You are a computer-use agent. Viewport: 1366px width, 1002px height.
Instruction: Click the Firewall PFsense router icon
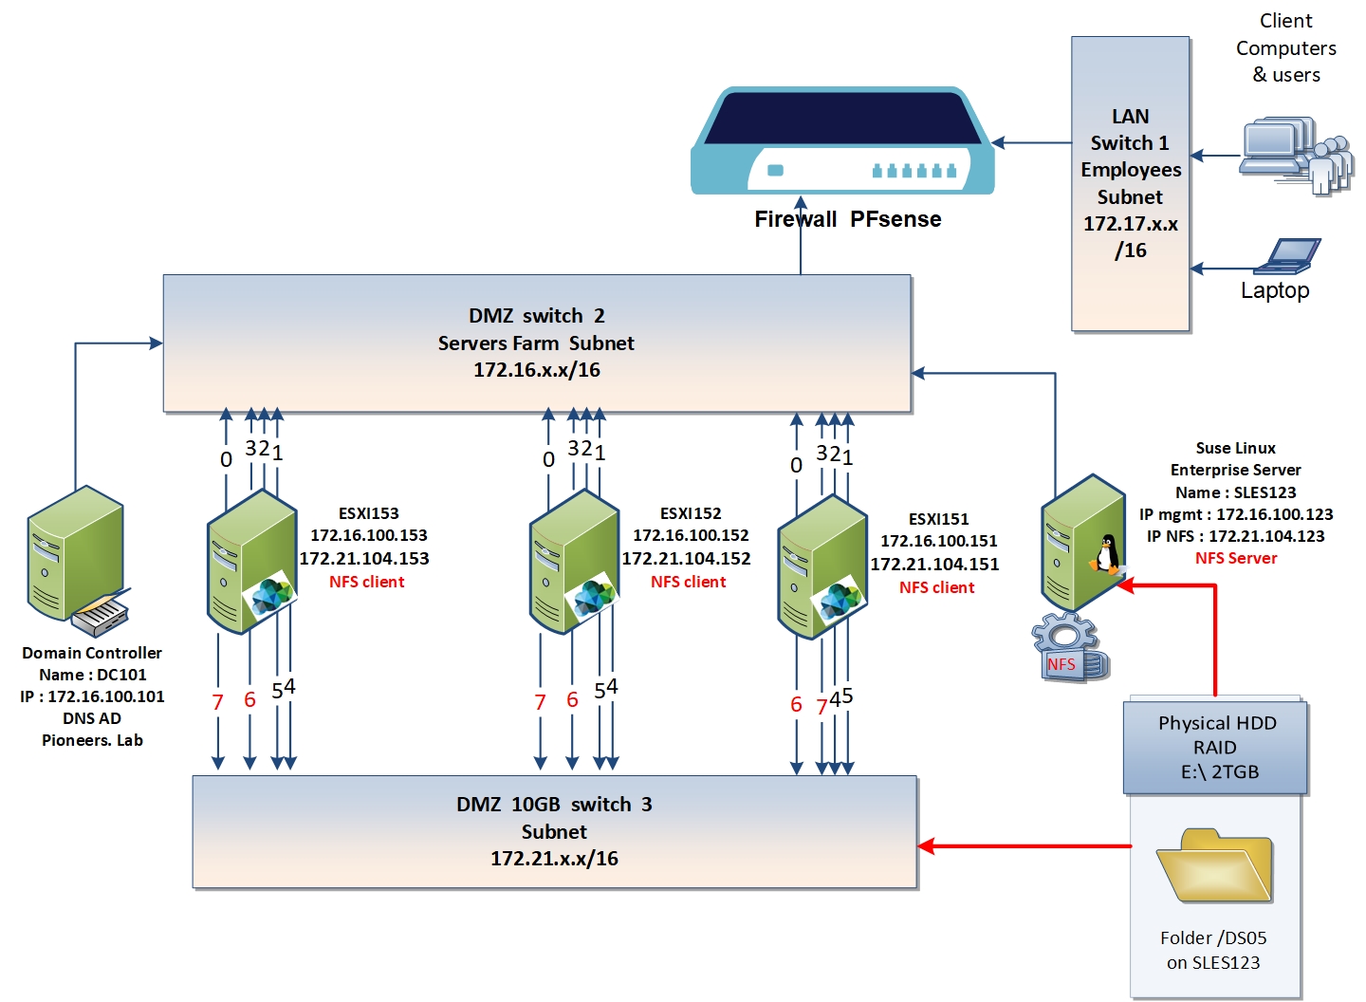[841, 142]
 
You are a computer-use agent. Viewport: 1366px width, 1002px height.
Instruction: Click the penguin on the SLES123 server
[1106, 553]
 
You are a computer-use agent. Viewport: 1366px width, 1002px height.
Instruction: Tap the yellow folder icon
[1213, 865]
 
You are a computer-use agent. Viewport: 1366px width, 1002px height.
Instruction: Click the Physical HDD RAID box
[1216, 748]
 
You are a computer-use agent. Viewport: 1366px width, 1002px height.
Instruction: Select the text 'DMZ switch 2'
[536, 316]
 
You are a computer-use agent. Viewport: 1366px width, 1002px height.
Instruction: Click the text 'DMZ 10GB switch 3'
[554, 805]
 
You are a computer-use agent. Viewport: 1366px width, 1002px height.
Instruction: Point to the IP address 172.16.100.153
[369, 535]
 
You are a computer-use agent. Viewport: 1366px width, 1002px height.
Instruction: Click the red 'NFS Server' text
[1236, 558]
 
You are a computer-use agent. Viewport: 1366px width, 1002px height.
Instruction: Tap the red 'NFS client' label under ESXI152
[689, 582]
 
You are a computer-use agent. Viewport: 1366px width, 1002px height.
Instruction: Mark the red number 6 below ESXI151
[796, 704]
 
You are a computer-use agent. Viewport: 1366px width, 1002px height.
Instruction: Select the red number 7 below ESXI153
[217, 702]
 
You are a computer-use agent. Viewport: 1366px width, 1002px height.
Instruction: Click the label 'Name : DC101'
[93, 675]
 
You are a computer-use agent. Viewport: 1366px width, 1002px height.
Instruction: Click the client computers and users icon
[1295, 155]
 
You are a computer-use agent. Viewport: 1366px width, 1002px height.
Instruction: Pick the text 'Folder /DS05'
[1213, 937]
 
